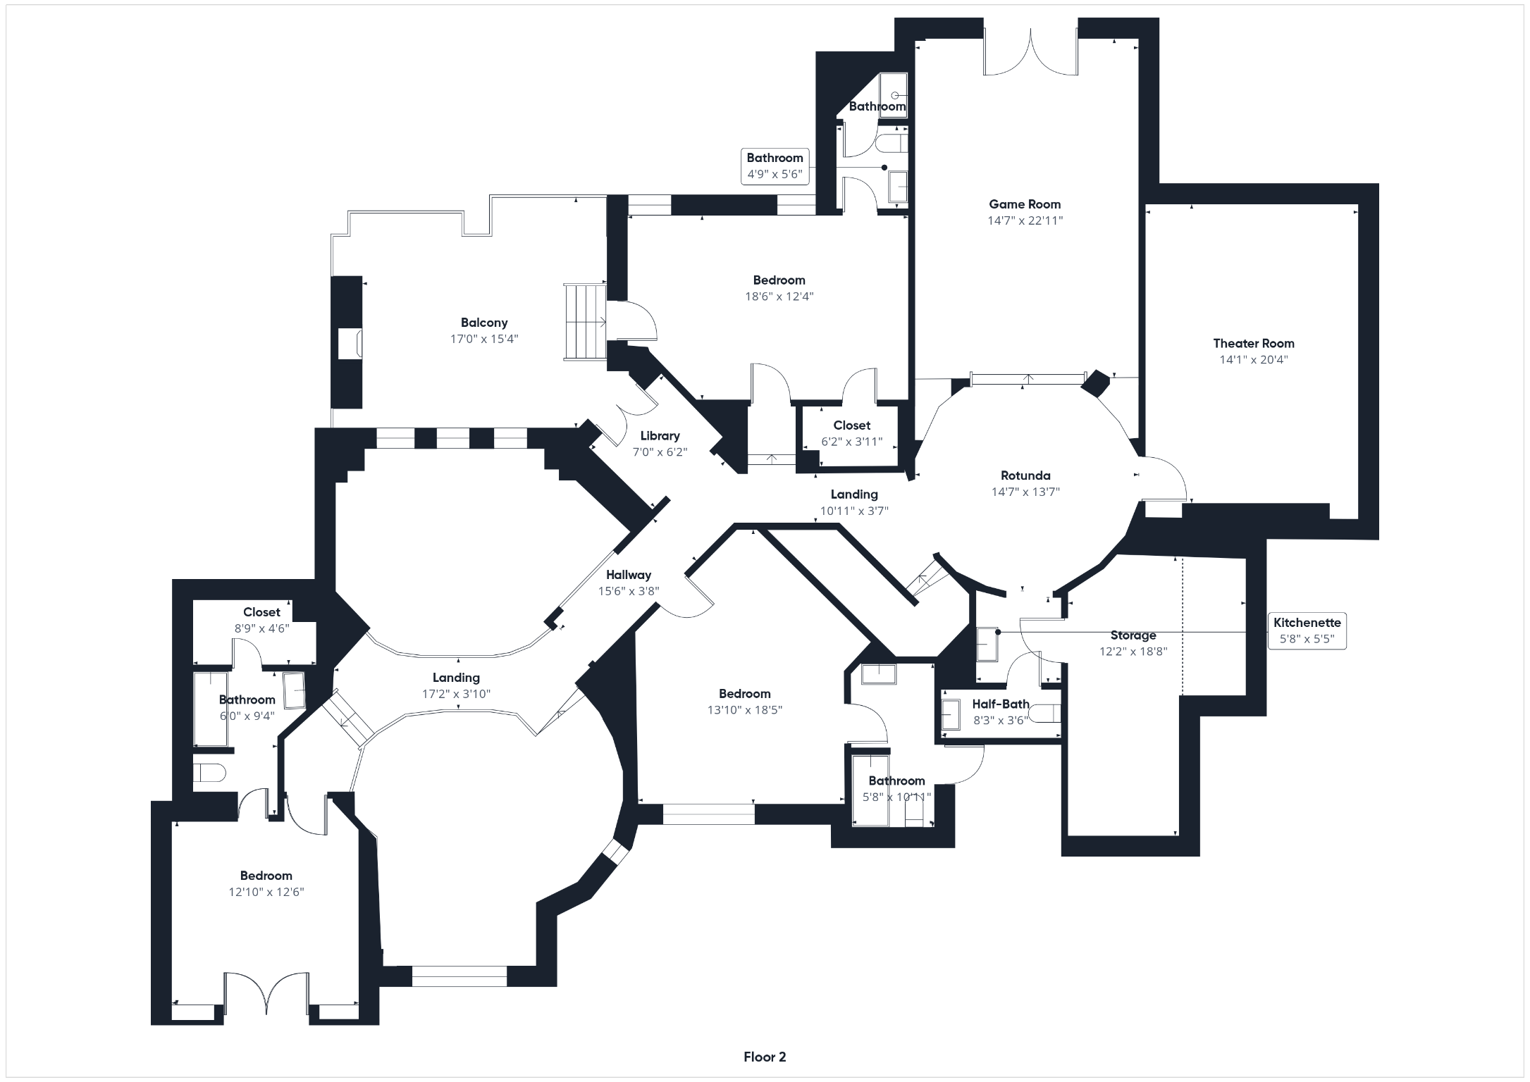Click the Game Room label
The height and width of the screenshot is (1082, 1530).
pyautogui.click(x=1025, y=204)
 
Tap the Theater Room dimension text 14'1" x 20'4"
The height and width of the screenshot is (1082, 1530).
pyautogui.click(x=1254, y=360)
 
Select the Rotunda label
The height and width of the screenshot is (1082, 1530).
pyautogui.click(x=1025, y=475)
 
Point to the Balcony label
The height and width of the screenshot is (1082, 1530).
pyautogui.click(x=484, y=323)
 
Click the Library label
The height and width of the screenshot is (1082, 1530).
pyautogui.click(x=660, y=436)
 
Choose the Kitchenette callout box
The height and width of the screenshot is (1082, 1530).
pyautogui.click(x=1307, y=631)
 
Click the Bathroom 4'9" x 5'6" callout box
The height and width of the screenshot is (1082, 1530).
pyautogui.click(x=775, y=166)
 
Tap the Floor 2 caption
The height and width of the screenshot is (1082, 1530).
pyautogui.click(x=765, y=1057)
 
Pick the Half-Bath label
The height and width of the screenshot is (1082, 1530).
pyautogui.click(x=1001, y=704)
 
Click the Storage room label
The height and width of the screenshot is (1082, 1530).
pyautogui.click(x=1133, y=635)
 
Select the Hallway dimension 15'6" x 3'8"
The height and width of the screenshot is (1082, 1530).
pyautogui.click(x=629, y=591)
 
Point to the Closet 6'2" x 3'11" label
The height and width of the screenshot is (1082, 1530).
pyautogui.click(x=852, y=433)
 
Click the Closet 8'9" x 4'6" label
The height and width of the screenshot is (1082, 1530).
pyautogui.click(x=261, y=620)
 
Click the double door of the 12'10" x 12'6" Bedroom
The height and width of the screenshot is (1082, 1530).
pyautogui.click(x=266, y=994)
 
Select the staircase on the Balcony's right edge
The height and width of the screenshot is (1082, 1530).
pyautogui.click(x=585, y=322)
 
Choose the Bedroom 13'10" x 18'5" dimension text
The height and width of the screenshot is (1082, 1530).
pyautogui.click(x=745, y=710)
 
